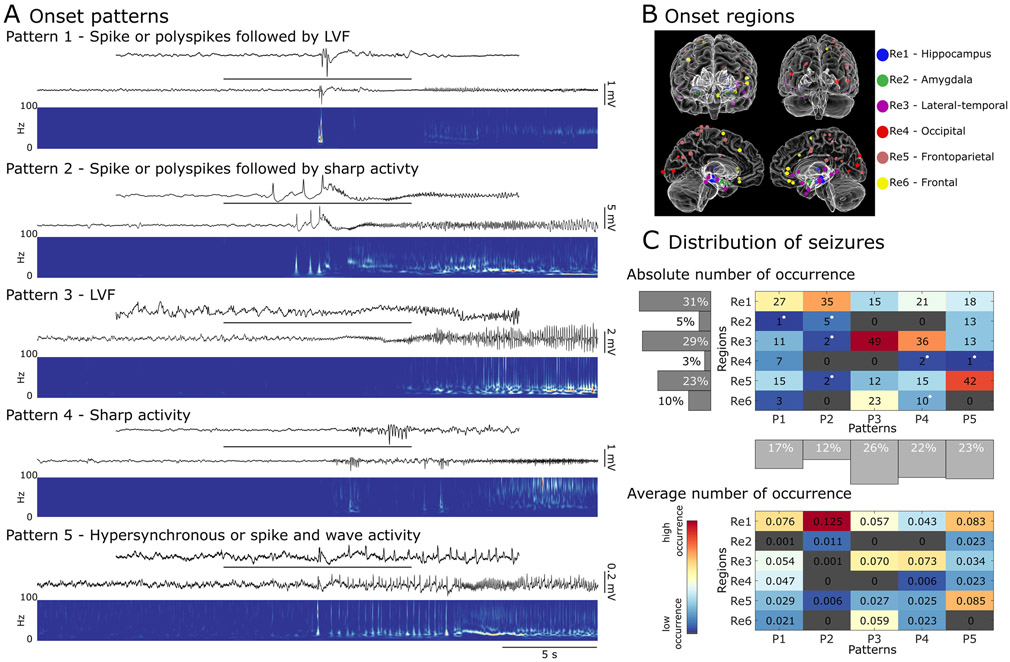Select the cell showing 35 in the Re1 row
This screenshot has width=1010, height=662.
pyautogui.click(x=819, y=301)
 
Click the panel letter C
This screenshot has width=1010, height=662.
pyautogui.click(x=651, y=240)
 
